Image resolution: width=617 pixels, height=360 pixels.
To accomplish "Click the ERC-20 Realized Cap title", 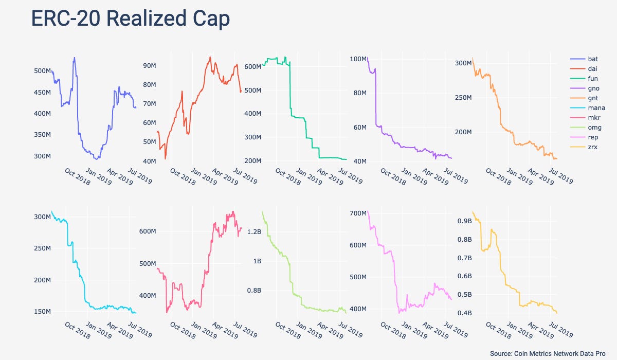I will tap(130, 19).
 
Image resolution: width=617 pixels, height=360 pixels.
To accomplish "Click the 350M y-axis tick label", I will tap(41, 135).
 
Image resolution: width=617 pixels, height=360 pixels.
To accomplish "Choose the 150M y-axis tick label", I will tap(41, 312).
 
